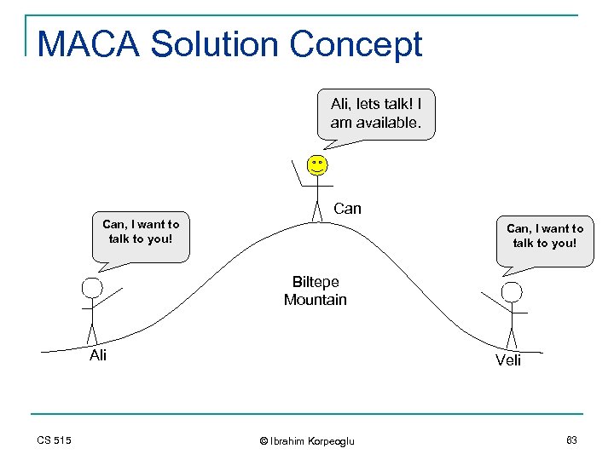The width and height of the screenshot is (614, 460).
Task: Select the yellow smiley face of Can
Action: click(x=317, y=164)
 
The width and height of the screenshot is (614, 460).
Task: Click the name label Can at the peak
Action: click(x=347, y=209)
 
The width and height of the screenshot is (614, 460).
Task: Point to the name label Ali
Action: click(x=98, y=356)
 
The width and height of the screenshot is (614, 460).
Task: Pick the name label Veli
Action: click(x=508, y=360)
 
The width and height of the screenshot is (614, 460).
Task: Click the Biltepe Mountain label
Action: click(x=315, y=290)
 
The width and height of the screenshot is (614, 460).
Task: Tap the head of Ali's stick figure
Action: click(x=91, y=287)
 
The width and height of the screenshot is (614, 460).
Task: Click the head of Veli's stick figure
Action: click(x=512, y=292)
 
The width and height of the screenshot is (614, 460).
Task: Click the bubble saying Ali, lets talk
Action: click(x=375, y=113)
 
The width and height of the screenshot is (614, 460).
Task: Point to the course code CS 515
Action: click(x=55, y=440)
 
